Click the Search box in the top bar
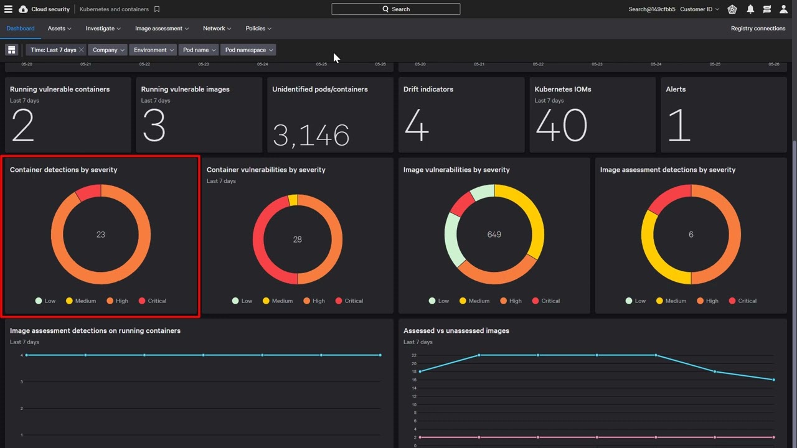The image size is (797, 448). (x=395, y=9)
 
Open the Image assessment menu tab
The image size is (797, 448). (x=162, y=29)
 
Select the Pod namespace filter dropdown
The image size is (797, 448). (x=248, y=50)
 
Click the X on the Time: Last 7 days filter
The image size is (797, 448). (x=82, y=50)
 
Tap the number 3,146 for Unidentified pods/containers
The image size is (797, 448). (x=311, y=135)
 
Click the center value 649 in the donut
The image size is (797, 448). (x=494, y=235)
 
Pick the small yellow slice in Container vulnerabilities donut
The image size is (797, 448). (x=293, y=200)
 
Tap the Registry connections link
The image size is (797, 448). (x=758, y=29)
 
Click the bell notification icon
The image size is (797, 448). (x=750, y=9)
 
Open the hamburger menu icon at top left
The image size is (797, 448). (x=8, y=9)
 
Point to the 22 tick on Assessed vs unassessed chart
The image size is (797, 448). (x=414, y=355)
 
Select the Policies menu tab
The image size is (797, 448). (x=258, y=29)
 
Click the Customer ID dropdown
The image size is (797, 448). (x=699, y=9)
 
